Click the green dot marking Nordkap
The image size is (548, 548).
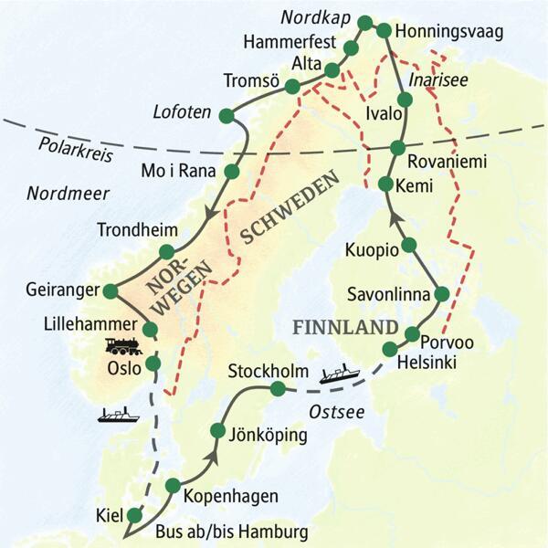point(365,22)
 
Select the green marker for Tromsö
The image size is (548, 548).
point(292,87)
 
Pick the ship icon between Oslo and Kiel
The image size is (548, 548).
point(116,414)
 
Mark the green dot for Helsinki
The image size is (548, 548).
point(391,348)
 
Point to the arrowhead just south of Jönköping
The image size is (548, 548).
point(213,454)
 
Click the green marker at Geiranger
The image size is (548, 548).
point(111,291)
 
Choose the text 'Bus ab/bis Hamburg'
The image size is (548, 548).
point(233,531)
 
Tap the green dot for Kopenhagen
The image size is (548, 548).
point(173,486)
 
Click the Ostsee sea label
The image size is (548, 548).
point(336,413)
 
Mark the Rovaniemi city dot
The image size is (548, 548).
point(397,148)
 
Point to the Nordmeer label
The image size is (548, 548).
point(68,193)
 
